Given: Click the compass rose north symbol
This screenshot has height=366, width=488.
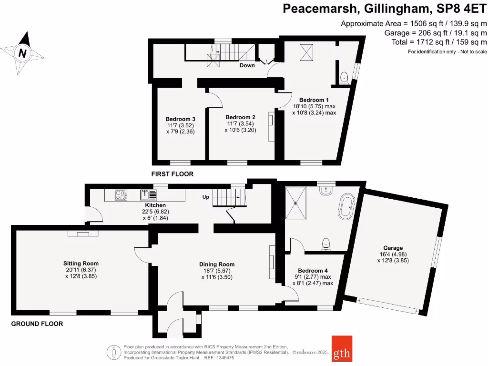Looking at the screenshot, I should click(x=22, y=53).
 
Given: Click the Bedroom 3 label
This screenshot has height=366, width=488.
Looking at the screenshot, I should click(x=181, y=119).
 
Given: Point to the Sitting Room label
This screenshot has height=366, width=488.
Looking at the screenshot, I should click(x=81, y=263).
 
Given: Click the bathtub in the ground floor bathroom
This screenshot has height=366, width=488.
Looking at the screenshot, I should click(x=346, y=206).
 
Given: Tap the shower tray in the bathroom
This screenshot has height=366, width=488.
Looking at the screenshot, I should click(x=297, y=203).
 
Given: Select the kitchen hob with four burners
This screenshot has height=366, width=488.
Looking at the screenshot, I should click(x=121, y=194).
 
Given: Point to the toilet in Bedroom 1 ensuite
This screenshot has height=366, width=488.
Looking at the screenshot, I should click(x=344, y=77).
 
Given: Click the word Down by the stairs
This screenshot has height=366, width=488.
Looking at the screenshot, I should click(x=247, y=65).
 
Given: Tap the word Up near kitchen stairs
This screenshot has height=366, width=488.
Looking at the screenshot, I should click(x=206, y=197).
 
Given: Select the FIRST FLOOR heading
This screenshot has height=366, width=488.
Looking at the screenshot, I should click(x=173, y=174).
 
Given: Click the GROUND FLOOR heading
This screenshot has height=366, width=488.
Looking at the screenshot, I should click(x=37, y=324).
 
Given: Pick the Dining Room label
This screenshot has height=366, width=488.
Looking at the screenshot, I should click(x=217, y=264).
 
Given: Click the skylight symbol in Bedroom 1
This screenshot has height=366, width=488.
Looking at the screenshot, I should click(x=303, y=52).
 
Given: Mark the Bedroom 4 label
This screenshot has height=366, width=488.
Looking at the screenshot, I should click(x=312, y=270).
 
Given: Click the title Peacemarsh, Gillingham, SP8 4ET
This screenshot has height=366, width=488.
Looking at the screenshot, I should click(x=385, y=9).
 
